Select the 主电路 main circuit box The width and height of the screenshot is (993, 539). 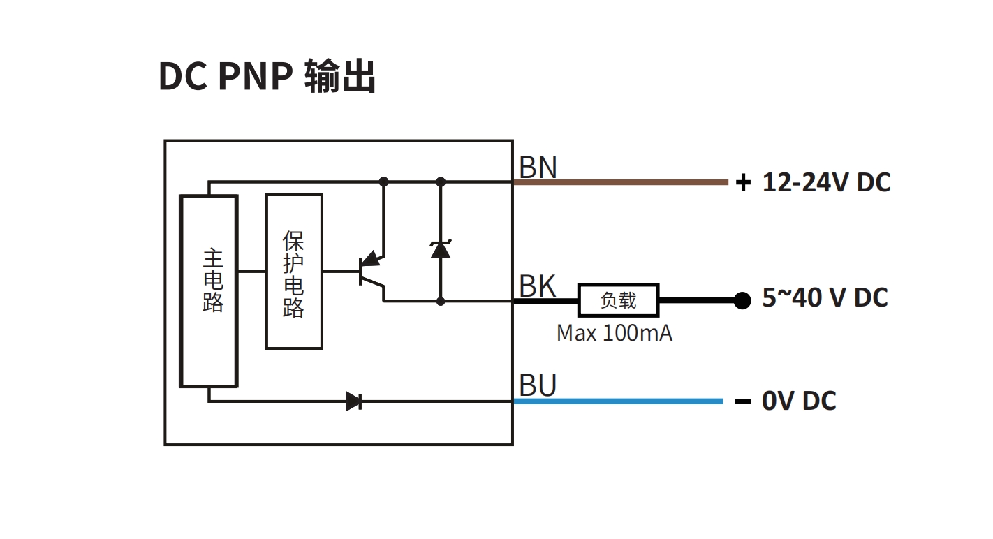point(209,290)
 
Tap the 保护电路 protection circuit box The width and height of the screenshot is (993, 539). point(294,272)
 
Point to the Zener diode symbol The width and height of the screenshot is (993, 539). point(441,249)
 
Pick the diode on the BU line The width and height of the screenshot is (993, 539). point(354,401)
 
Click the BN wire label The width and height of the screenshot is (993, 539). point(538,168)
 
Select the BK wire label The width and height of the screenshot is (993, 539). point(538,286)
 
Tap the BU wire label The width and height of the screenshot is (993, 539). point(538,385)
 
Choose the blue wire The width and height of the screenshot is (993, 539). point(617,401)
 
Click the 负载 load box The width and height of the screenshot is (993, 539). point(619,301)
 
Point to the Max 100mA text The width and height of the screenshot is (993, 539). point(615,333)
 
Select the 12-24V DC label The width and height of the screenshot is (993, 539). point(826,182)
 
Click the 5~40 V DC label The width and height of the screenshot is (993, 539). point(825,297)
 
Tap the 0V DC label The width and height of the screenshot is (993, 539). point(799,401)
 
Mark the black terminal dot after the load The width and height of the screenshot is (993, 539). point(742,301)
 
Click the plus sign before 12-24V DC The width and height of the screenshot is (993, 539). point(743,183)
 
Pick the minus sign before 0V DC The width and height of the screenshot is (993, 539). point(743,401)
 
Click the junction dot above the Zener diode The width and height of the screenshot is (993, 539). point(441,182)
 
